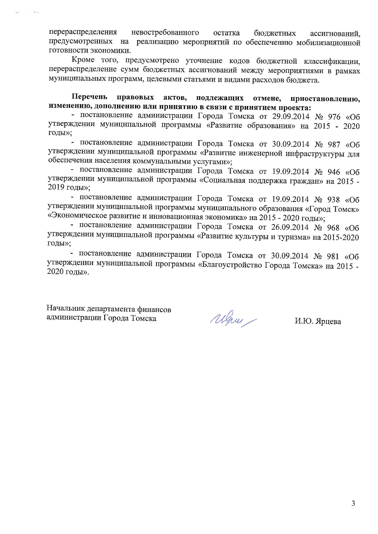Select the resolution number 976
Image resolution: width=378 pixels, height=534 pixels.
click(334, 117)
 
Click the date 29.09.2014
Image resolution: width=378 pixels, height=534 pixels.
click(291, 117)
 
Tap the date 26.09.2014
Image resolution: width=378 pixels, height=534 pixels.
click(290, 227)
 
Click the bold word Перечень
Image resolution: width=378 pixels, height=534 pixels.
click(89, 97)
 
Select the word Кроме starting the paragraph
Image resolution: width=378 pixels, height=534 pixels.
click(83, 60)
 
